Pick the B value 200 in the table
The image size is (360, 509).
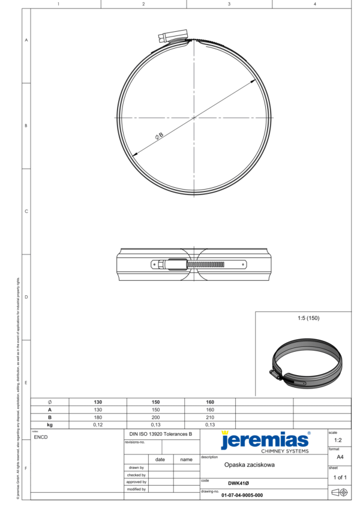[x=155, y=417]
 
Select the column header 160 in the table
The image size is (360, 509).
[x=210, y=402]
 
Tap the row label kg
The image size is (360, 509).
[x=50, y=425]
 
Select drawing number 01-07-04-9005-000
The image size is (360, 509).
[x=242, y=495]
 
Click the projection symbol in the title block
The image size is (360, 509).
[x=340, y=493]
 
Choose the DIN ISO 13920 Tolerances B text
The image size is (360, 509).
[x=161, y=433]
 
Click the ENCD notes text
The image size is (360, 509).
[x=41, y=437]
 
